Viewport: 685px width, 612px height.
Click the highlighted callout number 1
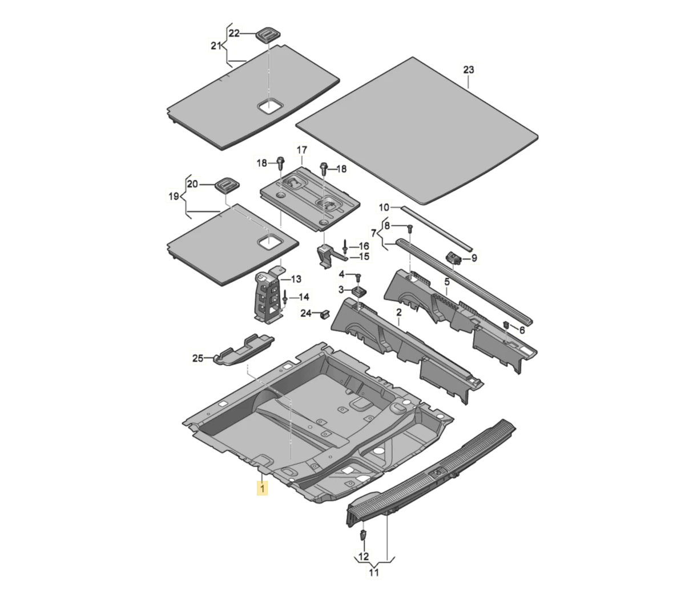click(262, 489)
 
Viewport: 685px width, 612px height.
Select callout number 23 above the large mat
click(468, 70)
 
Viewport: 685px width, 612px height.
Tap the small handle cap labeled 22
click(266, 34)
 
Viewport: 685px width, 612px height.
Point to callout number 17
click(301, 150)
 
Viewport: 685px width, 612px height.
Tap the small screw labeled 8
click(409, 229)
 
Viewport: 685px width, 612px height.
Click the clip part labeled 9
click(454, 258)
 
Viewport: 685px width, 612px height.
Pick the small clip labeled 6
click(506, 325)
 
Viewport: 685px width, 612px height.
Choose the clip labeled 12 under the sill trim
click(363, 535)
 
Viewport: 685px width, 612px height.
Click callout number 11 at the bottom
click(374, 572)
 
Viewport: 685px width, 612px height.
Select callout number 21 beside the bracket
click(215, 46)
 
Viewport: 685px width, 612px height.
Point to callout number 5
click(447, 282)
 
